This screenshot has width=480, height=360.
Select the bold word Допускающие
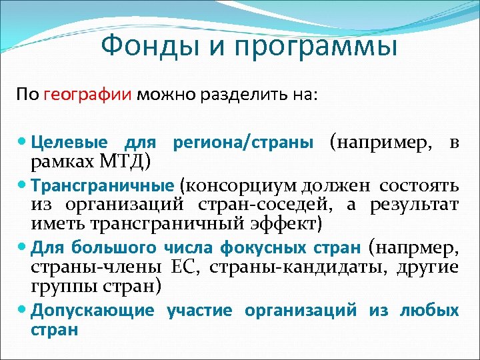(93, 310)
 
